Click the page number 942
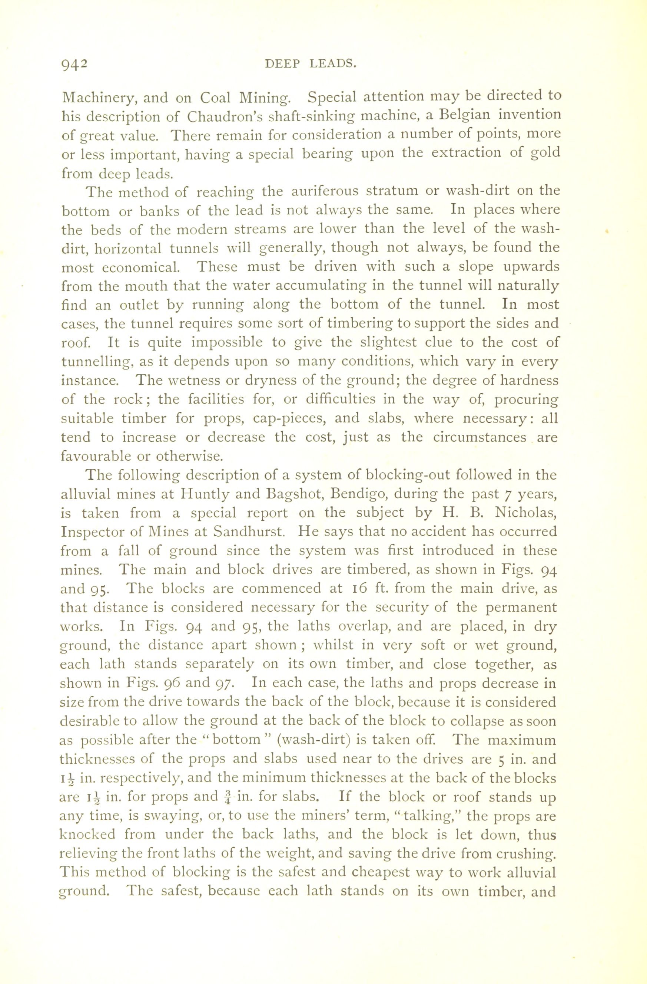(x=74, y=65)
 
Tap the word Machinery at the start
(x=96, y=98)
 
